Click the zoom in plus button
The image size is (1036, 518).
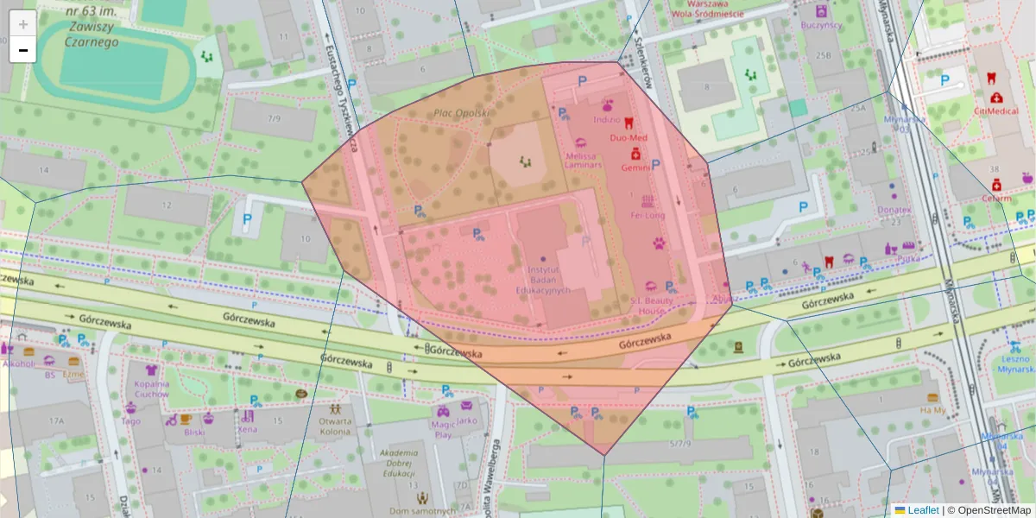click(x=22, y=24)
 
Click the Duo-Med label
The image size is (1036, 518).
click(x=628, y=137)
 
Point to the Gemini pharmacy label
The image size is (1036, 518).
click(x=635, y=167)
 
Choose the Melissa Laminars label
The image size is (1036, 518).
click(x=581, y=161)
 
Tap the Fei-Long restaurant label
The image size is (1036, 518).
click(x=647, y=215)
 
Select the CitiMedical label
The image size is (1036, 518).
click(x=996, y=111)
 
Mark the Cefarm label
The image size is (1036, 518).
click(x=996, y=198)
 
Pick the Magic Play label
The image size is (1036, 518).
click(x=443, y=430)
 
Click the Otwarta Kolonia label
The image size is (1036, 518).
click(x=335, y=426)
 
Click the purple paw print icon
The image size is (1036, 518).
click(x=660, y=243)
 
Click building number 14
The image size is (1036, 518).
click(x=45, y=168)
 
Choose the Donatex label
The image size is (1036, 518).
click(x=894, y=210)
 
